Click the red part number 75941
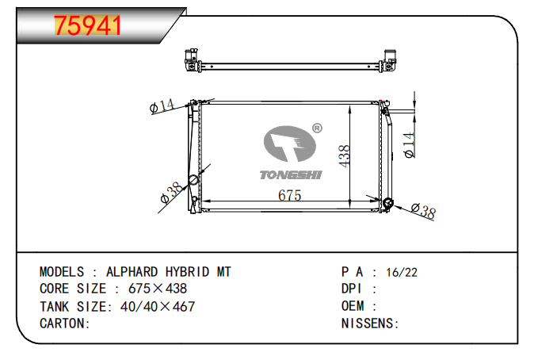pos(87,25)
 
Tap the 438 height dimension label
pos(344,156)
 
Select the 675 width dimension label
pos(289,195)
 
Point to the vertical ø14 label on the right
pos(409,145)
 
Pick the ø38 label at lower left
pos(172,193)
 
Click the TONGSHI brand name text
pos(291,175)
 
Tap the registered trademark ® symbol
pos(318,128)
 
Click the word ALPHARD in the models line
pos(132,272)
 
